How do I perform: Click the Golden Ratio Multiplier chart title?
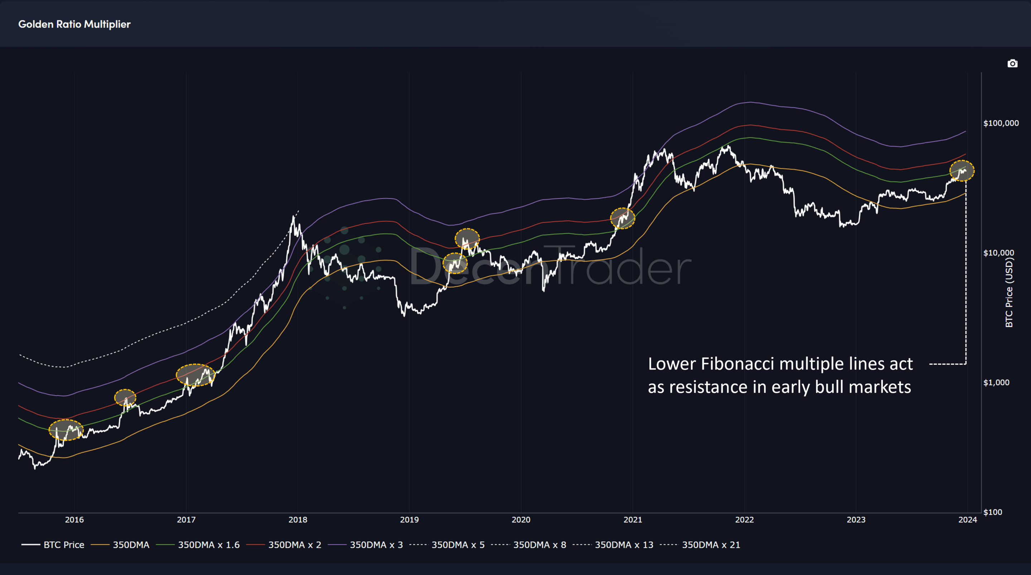[74, 24]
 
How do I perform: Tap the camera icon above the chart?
[1012, 64]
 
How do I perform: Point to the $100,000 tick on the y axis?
[1001, 123]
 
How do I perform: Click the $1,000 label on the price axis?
[996, 382]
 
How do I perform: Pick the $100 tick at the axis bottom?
[993, 512]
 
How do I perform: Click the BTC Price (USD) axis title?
[1009, 292]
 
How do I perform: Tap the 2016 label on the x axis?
[74, 520]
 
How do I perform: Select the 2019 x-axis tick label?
[409, 520]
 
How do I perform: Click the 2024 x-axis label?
[967, 520]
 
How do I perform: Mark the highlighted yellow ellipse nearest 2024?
[962, 170]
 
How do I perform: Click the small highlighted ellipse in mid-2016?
[125, 398]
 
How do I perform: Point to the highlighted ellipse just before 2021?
[623, 218]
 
